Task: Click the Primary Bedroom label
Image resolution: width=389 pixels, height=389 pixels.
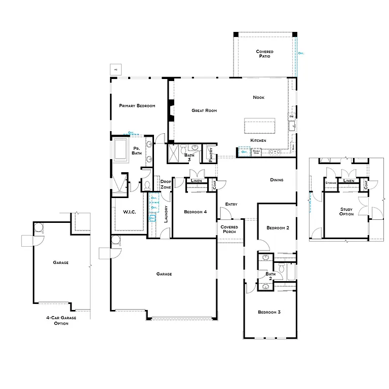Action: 137,106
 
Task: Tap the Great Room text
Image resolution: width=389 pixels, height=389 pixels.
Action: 204,110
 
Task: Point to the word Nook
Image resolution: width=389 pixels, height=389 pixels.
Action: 258,97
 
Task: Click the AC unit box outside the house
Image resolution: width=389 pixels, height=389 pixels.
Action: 115,69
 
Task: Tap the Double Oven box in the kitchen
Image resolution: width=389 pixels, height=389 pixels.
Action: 256,151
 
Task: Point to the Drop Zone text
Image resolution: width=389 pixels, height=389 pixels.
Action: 166,184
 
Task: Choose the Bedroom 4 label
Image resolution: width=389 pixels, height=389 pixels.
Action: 195,212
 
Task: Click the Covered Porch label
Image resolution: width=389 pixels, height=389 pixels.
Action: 229,229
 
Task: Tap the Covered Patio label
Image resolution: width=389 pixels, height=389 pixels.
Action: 264,54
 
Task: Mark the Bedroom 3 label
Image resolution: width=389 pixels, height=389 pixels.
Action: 269,312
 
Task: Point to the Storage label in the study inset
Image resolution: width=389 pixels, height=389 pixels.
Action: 331,182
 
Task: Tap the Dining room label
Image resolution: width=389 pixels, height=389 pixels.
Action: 277,180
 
